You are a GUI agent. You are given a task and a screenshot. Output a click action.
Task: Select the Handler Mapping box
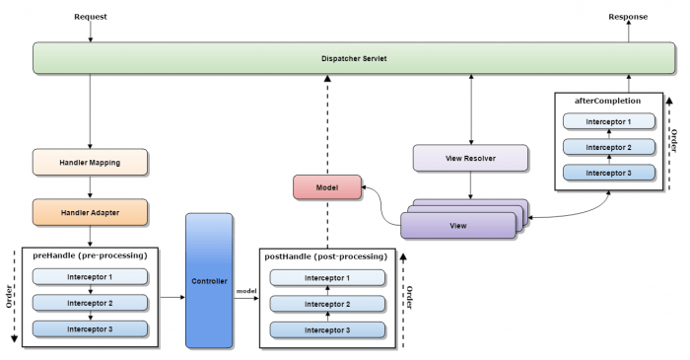point(90,161)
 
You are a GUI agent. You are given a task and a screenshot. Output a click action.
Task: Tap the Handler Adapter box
point(90,210)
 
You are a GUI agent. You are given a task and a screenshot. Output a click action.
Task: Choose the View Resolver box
point(471,158)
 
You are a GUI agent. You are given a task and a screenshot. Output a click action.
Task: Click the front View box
point(457,226)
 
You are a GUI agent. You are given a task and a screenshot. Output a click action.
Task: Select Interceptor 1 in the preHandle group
point(90,277)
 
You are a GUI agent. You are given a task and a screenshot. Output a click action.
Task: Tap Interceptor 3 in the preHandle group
point(90,328)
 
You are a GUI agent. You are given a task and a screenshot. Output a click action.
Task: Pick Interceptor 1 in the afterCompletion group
point(608,122)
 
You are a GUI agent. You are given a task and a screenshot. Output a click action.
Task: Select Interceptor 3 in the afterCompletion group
point(608,172)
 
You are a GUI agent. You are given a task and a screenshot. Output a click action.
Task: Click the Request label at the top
point(90,17)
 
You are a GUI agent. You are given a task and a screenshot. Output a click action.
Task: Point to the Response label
point(628,17)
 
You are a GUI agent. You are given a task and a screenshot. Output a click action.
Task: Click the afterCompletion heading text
point(608,101)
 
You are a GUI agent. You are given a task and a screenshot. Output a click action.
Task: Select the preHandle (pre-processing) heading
point(90,255)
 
